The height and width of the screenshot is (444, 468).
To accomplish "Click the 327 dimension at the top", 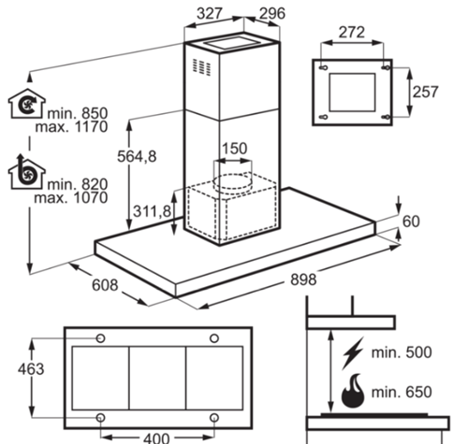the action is coord(210,13).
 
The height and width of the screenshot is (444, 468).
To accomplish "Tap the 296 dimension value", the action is coord(272,13).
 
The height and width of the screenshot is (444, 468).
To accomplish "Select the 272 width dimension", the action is coord(352,32).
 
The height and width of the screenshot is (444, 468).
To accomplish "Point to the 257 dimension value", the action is coord(426,92).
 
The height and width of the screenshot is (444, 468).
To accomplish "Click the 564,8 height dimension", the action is coord(137,156).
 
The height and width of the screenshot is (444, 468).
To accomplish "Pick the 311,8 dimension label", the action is coord(152,211).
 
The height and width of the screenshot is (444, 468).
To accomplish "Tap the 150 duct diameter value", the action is coord(234,149).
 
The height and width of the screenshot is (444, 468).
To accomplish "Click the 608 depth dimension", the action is coord(105,285).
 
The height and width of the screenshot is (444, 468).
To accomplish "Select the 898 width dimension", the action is coord(303,279).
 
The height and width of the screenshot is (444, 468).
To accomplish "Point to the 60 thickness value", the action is coord(411,222).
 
